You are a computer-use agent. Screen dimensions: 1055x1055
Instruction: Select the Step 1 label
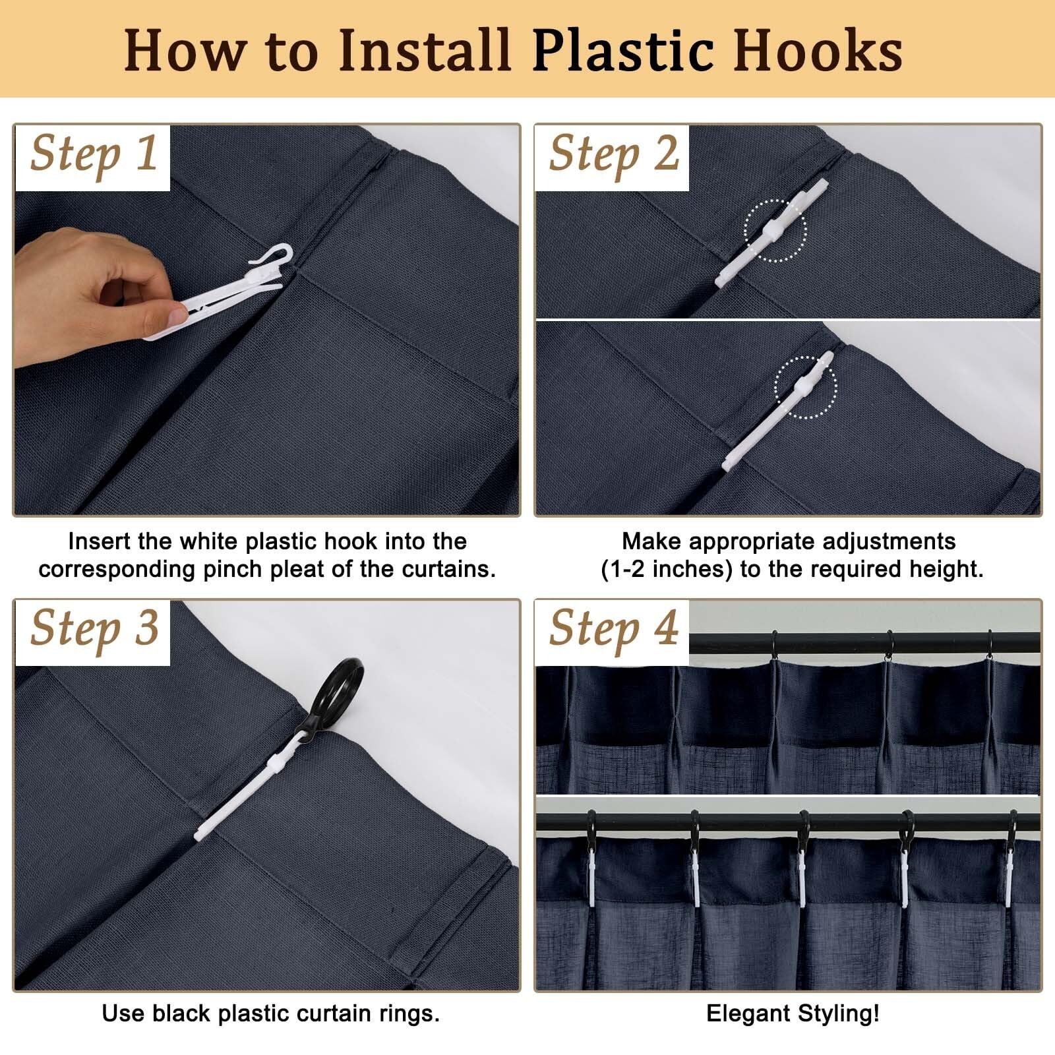coord(94,156)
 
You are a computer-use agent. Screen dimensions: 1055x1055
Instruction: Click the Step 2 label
coord(614,156)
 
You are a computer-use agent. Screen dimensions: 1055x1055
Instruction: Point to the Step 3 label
coord(94,630)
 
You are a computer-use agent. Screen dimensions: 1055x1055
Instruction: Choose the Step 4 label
coord(614,630)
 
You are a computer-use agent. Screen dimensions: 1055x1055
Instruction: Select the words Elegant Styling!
coord(793,1013)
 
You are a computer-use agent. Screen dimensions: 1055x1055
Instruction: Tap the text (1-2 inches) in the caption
coord(667,569)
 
